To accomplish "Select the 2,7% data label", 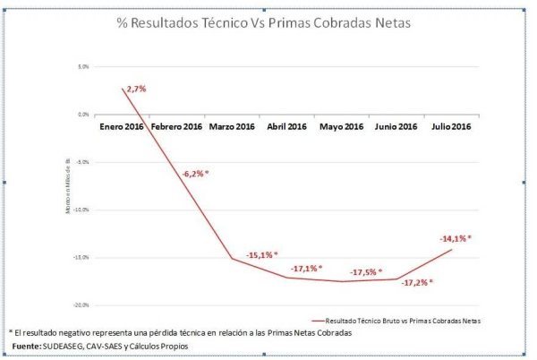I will [136, 89].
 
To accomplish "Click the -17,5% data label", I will [366, 272].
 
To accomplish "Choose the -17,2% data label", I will [417, 281].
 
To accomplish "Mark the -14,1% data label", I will [456, 238].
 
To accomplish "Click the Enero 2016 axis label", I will [122, 127].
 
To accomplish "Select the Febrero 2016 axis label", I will [176, 127].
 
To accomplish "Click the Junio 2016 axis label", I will [396, 127].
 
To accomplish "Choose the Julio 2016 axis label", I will [452, 127].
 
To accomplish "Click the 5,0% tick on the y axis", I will [85, 66].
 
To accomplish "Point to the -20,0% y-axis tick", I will [83, 304].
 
